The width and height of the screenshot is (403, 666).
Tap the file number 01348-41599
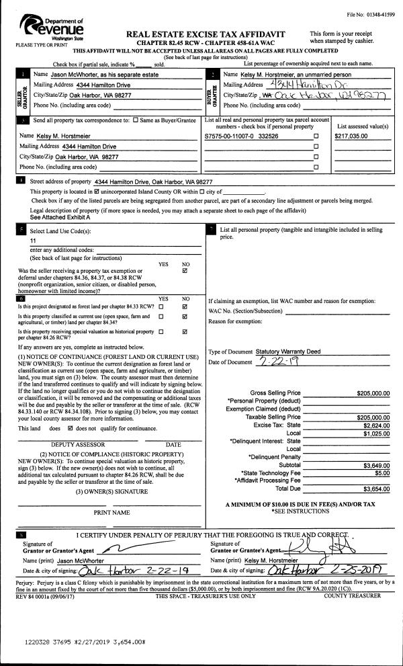click(371, 14)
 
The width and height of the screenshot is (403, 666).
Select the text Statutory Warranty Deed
click(288, 351)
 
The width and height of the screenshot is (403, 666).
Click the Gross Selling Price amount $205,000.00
click(373, 393)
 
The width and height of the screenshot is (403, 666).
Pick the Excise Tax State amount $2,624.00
click(376, 425)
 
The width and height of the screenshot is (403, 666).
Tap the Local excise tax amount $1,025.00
click(376, 433)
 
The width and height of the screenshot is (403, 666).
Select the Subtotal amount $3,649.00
click(376, 465)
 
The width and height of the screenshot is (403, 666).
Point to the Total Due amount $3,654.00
click(376, 489)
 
